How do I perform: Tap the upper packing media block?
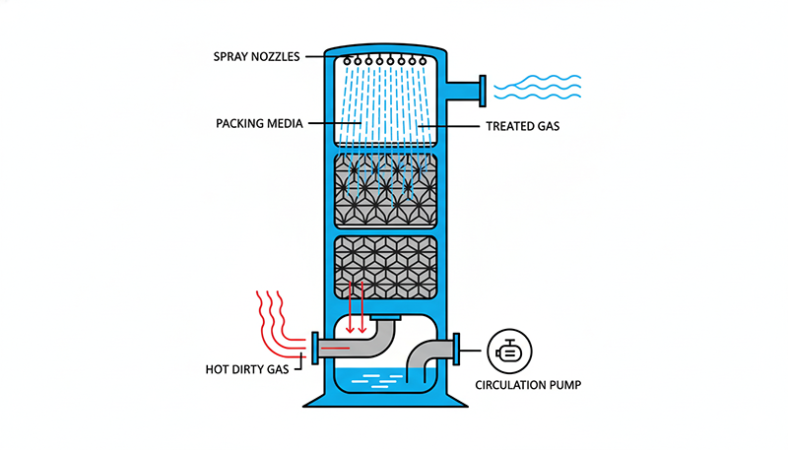point(386,188)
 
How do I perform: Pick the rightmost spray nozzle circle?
point(430,61)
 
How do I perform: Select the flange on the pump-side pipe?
point(457,349)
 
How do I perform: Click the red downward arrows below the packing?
point(357,305)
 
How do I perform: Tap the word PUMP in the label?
point(556,384)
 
